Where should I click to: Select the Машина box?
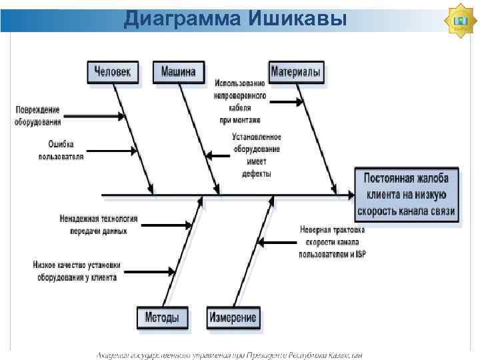pyautogui.click(x=178, y=72)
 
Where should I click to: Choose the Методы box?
pyautogui.click(x=161, y=317)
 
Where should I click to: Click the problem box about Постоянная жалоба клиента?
pyautogui.click(x=407, y=195)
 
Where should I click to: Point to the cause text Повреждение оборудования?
pyautogui.click(x=38, y=115)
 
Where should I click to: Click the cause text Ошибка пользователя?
pyautogui.click(x=61, y=150)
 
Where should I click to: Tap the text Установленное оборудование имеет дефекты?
pyautogui.click(x=256, y=155)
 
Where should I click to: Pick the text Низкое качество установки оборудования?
pyautogui.click(x=76, y=271)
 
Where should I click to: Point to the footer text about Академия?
pyautogui.click(x=230, y=355)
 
